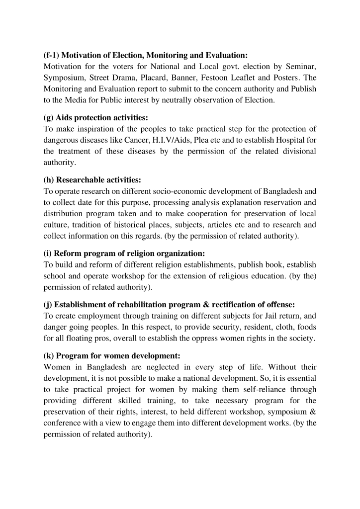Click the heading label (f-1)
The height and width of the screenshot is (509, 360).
[x=52, y=55]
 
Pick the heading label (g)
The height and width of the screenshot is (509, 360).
[x=49, y=118]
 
